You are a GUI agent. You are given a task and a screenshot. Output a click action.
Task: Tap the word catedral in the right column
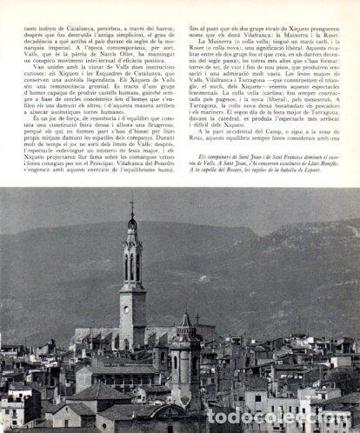(234, 131)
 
